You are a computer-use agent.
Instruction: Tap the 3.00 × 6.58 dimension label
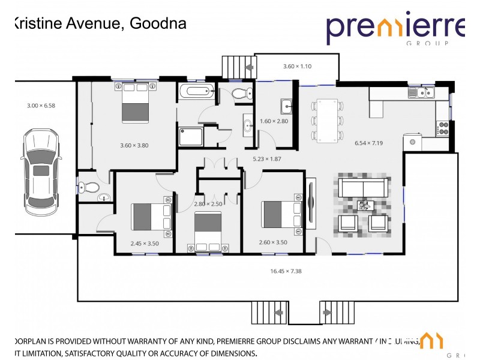click(41, 106)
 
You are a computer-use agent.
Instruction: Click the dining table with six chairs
click(328, 119)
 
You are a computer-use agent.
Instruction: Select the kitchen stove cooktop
click(444, 128)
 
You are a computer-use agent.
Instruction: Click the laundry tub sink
click(286, 107)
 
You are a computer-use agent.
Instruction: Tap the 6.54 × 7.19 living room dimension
click(369, 143)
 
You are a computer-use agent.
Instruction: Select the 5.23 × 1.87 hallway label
click(267, 159)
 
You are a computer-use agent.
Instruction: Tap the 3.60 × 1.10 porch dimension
click(298, 66)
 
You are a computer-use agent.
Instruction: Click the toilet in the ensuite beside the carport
click(90, 188)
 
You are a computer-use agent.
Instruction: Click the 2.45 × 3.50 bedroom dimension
click(145, 244)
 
